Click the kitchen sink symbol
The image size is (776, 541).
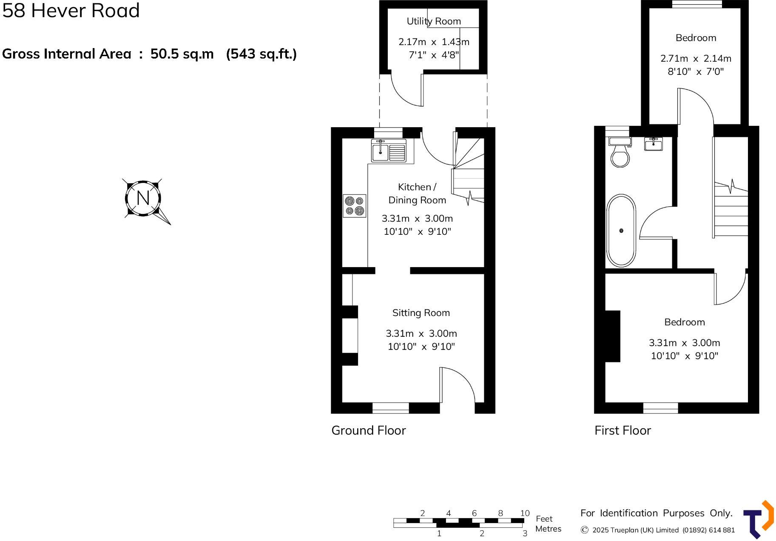389,151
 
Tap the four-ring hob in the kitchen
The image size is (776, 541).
355,206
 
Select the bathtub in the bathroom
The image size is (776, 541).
621,231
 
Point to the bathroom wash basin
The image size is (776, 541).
653,144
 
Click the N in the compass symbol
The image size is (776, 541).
143,198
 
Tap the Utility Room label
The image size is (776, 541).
433,21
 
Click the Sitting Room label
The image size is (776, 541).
421,313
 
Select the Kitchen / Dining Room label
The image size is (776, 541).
417,194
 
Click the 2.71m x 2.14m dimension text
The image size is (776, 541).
696,59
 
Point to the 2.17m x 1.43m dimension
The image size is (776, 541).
433,42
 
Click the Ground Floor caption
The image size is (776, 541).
368,430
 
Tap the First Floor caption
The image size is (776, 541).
622,430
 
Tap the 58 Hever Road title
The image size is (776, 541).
71,11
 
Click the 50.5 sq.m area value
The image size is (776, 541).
182,54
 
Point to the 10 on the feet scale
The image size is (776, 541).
525,513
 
